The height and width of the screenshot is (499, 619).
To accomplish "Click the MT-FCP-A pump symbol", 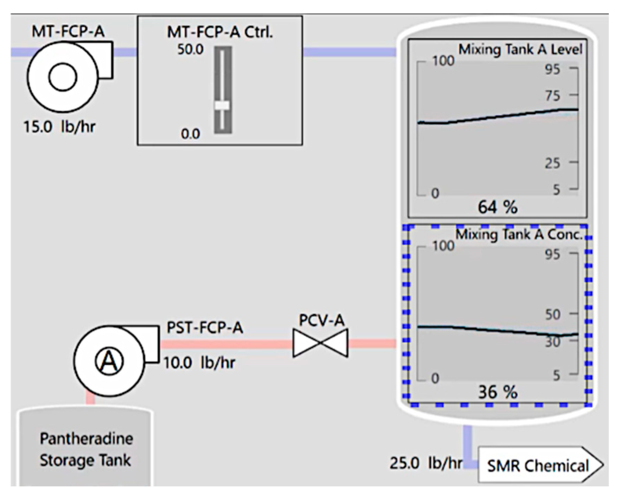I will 63,77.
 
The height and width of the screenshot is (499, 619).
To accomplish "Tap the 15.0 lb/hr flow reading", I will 59,126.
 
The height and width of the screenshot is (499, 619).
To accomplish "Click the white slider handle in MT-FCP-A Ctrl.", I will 222,105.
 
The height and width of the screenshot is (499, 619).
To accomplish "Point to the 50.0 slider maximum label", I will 190,50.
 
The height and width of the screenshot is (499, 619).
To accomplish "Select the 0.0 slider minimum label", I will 190,134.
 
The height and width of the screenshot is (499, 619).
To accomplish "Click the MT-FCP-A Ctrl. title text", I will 220,32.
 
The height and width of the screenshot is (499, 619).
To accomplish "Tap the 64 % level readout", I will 497,207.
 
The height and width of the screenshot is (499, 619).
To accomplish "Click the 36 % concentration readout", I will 497,392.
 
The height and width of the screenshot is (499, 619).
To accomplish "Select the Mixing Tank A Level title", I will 520,49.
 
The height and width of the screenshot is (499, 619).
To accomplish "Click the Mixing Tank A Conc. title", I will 519,234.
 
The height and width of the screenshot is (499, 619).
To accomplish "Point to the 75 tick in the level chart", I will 553,96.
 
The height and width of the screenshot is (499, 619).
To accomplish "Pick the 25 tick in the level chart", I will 553,163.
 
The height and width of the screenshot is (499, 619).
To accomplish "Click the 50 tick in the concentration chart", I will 553,315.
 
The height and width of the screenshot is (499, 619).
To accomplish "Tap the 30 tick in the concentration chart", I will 553,342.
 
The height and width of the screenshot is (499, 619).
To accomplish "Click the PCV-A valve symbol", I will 320,343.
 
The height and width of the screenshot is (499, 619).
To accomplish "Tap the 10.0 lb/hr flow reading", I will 199,363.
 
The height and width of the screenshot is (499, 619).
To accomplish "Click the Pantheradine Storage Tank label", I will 86,449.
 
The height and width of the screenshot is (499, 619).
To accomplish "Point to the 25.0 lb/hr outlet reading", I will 426,463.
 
